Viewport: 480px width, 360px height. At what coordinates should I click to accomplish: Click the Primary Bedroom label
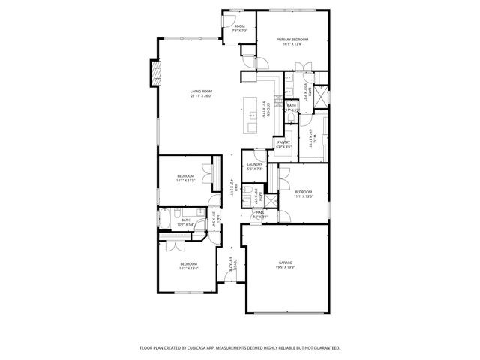click(292, 40)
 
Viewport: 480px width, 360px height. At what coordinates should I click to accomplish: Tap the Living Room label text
click(201, 91)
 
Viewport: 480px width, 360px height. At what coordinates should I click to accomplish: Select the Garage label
click(285, 262)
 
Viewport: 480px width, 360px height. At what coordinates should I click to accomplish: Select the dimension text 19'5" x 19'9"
click(285, 266)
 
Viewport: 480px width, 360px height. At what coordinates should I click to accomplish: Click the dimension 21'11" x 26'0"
click(201, 95)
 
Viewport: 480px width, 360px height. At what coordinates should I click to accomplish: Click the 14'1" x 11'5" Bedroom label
click(185, 176)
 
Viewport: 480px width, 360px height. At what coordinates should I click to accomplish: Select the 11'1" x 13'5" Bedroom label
click(304, 193)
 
